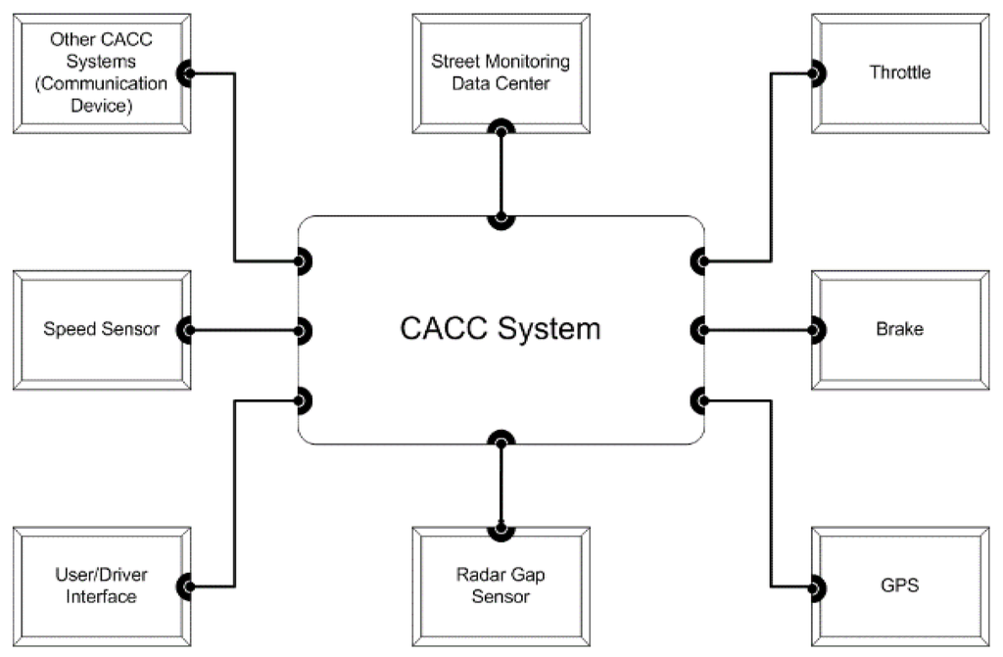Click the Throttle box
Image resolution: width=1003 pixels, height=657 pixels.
click(900, 73)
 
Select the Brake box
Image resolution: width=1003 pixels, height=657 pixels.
click(900, 329)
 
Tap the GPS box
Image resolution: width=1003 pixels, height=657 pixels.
click(900, 587)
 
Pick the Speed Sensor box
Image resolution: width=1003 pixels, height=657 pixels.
click(102, 329)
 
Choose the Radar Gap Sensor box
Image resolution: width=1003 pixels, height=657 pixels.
click(501, 586)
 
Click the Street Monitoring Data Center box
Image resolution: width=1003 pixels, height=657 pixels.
click(501, 73)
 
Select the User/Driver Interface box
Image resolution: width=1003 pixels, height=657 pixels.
click(102, 586)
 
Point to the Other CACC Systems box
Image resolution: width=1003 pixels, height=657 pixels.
click(102, 73)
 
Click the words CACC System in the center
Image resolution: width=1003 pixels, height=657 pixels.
click(501, 329)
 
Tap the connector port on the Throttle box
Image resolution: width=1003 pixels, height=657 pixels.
click(816, 73)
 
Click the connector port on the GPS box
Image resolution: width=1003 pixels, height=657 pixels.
click(816, 587)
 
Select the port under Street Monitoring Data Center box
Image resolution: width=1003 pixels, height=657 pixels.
click(501, 128)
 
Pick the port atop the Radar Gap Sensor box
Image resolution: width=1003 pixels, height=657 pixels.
click(501, 530)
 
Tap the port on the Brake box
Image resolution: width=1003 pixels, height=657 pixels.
click(816, 329)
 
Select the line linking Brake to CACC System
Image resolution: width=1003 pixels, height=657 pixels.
click(759, 329)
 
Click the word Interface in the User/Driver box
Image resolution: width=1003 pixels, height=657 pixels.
click(102, 596)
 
